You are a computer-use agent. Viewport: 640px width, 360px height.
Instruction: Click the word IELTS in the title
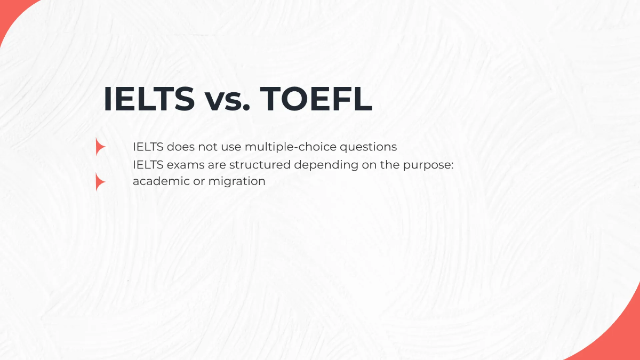point(149,99)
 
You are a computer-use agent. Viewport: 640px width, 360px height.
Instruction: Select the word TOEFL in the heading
point(316,99)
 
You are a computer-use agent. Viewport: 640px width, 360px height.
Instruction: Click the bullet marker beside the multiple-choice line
point(100,147)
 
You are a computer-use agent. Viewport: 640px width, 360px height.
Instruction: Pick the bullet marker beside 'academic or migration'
point(100,182)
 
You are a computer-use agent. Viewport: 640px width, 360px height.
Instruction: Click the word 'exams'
point(181,164)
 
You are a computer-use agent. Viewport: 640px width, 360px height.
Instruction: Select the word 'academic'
point(158,181)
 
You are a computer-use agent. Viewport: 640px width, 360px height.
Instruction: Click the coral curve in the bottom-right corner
point(621,336)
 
